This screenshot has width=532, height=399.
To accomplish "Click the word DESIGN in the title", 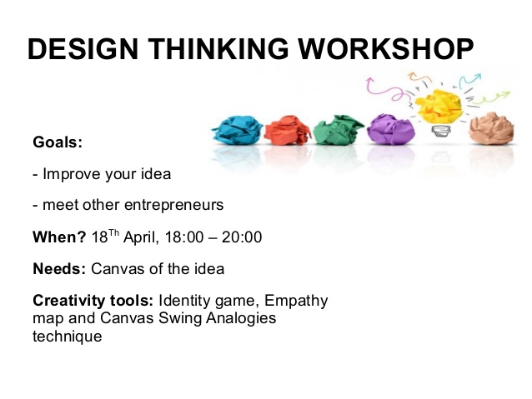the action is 83,49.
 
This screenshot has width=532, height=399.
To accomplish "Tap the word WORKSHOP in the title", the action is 386,49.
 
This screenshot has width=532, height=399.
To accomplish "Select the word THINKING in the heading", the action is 218,49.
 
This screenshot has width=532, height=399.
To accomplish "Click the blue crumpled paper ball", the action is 237,130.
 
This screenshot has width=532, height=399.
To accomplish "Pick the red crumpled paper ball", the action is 288,130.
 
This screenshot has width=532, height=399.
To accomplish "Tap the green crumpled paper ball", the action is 339,130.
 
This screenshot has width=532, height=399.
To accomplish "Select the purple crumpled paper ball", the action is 391,129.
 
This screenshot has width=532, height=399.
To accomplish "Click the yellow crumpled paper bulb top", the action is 439,106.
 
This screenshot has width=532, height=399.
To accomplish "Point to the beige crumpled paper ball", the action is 491,129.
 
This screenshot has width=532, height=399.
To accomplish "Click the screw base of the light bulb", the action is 441,131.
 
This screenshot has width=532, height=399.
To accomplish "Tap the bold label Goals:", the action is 58,142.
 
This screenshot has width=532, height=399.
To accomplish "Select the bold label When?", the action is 59,237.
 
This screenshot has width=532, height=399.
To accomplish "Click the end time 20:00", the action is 242,237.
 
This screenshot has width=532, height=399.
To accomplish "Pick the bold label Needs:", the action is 59,269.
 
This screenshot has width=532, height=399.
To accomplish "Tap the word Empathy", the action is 296,302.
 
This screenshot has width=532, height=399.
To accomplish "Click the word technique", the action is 68,337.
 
